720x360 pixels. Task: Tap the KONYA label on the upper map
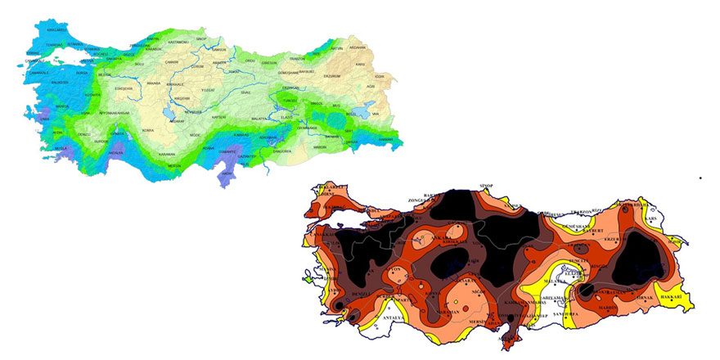pyautogui.click(x=148, y=129)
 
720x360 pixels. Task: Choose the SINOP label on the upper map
pyautogui.click(x=201, y=38)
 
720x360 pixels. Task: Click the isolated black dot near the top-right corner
pyautogui.click(x=700, y=177)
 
